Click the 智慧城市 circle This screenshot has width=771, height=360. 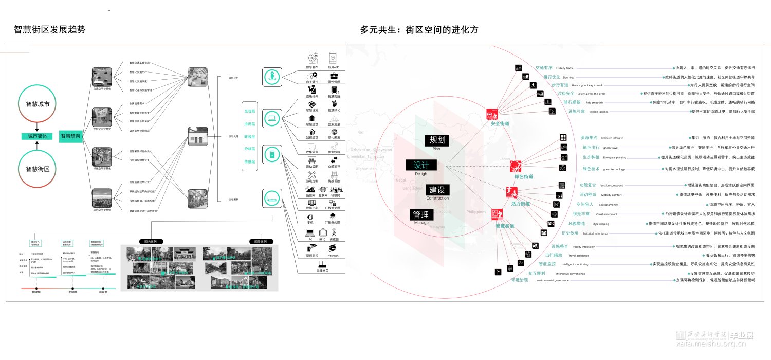coord(38,104)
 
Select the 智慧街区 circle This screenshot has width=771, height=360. coord(38,169)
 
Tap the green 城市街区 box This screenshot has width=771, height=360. coord(38,136)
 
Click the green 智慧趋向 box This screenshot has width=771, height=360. coord(70,136)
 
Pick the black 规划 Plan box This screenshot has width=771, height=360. coord(437,140)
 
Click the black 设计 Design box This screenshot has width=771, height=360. coord(421,165)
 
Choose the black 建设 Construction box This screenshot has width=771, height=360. coord(437,189)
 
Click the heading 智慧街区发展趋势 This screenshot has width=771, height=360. coord(49,30)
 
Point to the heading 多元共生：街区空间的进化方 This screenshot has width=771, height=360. coord(419,30)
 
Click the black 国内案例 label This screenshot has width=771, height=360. coord(151,241)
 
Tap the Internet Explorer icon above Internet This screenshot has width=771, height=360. coord(333,248)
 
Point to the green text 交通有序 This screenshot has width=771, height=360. coord(544,67)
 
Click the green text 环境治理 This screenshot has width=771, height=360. coord(519,280)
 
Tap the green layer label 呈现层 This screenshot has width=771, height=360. coord(250,111)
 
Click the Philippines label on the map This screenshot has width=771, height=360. coord(475,212)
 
